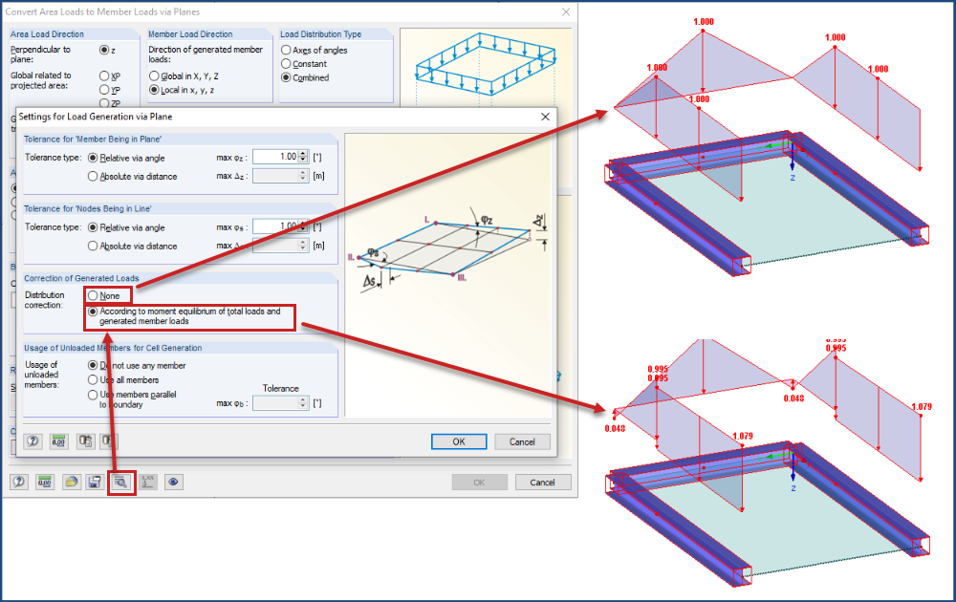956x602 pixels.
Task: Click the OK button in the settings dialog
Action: pyautogui.click(x=459, y=441)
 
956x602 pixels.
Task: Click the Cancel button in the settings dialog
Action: pyautogui.click(x=522, y=441)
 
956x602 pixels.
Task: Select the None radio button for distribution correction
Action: pyautogui.click(x=93, y=296)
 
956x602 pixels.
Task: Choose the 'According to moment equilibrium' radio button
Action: pyautogui.click(x=93, y=312)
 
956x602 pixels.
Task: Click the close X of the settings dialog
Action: pyautogui.click(x=546, y=117)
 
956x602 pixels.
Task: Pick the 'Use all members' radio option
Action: pyautogui.click(x=93, y=379)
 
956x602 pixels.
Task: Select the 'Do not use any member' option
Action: pyautogui.click(x=93, y=365)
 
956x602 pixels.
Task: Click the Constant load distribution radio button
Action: pyautogui.click(x=286, y=64)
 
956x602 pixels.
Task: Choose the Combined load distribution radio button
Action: pyautogui.click(x=286, y=77)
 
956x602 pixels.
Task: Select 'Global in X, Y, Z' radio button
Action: pyautogui.click(x=154, y=75)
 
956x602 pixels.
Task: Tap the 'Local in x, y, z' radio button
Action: pyautogui.click(x=154, y=89)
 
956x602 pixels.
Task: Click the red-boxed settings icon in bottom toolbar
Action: pyautogui.click(x=121, y=483)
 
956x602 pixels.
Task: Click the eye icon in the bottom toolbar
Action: pyautogui.click(x=173, y=483)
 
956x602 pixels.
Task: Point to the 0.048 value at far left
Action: pyautogui.click(x=616, y=428)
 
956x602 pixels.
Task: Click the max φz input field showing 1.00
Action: pyautogui.click(x=274, y=157)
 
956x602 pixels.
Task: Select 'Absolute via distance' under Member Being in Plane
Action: pyautogui.click(x=93, y=176)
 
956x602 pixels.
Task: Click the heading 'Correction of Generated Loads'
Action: pyautogui.click(x=81, y=278)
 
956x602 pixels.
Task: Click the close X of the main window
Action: pyautogui.click(x=566, y=11)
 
